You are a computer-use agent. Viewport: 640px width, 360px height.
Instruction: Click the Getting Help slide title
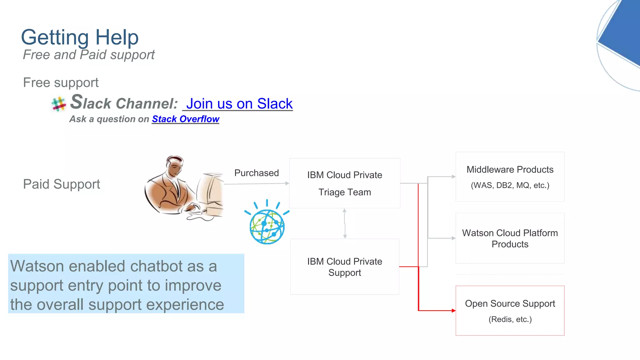point(80,37)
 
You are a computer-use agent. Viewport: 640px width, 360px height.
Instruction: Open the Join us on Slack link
point(239,104)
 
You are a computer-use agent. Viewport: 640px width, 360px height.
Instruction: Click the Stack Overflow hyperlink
point(186,119)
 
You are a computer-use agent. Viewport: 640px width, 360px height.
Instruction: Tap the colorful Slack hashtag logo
point(58,104)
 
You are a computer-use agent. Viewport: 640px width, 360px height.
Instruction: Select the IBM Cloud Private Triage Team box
point(344,183)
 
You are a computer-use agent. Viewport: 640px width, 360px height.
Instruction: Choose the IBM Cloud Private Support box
point(344,267)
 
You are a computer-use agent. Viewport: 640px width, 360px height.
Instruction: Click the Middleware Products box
point(510,177)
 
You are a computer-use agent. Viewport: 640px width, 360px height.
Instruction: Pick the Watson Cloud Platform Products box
point(510,238)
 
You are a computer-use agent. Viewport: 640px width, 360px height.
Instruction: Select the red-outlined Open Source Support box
point(510,310)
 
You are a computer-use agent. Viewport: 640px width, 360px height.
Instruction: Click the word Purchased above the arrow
point(256,173)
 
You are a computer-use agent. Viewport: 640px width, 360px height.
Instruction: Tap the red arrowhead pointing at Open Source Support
point(453,311)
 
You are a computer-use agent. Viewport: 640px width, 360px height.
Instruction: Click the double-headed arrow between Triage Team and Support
point(345,223)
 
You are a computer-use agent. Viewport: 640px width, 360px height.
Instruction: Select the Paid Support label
point(62,184)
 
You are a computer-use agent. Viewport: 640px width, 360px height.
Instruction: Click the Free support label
point(61,82)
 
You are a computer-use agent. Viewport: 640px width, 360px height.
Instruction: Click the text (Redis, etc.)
point(510,319)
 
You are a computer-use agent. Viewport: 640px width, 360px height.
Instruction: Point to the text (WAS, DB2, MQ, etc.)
point(510,185)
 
